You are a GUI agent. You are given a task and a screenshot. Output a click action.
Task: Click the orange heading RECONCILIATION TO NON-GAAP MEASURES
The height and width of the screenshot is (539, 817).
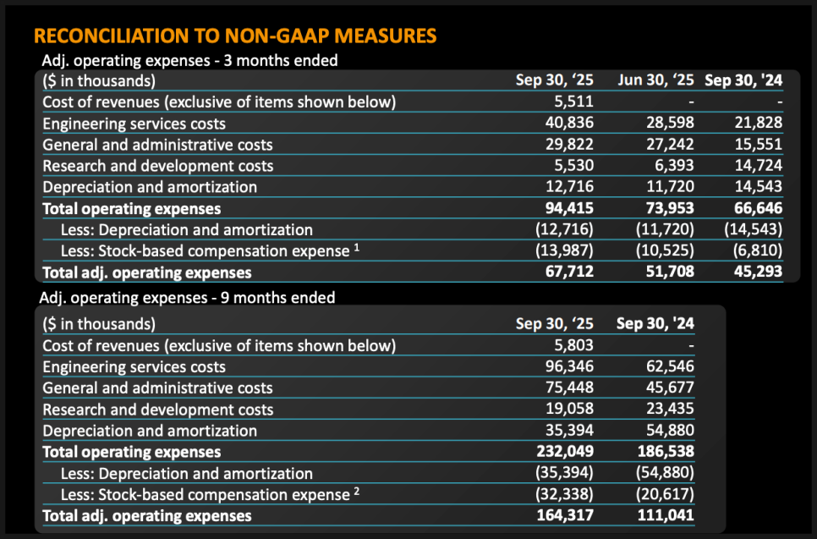coord(235,36)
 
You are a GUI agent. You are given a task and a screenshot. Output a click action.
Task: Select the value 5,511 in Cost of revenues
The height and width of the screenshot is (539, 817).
coord(574,102)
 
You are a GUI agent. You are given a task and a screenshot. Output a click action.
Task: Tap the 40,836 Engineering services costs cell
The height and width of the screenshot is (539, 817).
coord(570,124)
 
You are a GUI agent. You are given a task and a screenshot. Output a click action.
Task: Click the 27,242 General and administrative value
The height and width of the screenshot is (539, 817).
coord(669,145)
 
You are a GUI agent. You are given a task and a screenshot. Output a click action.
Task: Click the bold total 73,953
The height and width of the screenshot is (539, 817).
coord(669,208)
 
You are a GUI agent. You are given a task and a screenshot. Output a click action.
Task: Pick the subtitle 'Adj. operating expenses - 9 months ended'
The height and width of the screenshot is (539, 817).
coord(189,298)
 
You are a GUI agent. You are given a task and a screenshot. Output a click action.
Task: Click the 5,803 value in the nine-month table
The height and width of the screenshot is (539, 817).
coord(574,345)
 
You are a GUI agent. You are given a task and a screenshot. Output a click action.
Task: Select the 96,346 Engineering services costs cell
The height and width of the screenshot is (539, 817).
coord(570,366)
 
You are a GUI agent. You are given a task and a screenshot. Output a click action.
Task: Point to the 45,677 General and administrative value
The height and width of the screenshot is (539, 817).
coord(669,388)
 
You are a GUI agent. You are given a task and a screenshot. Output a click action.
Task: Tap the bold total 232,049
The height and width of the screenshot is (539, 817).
coord(566,452)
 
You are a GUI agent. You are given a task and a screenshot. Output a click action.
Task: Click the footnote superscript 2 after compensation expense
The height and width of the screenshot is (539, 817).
coord(357,491)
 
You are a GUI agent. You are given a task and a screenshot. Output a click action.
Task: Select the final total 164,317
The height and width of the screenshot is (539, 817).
coord(566,515)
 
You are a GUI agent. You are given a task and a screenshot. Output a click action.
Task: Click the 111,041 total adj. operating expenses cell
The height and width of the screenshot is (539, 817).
coord(666,515)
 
